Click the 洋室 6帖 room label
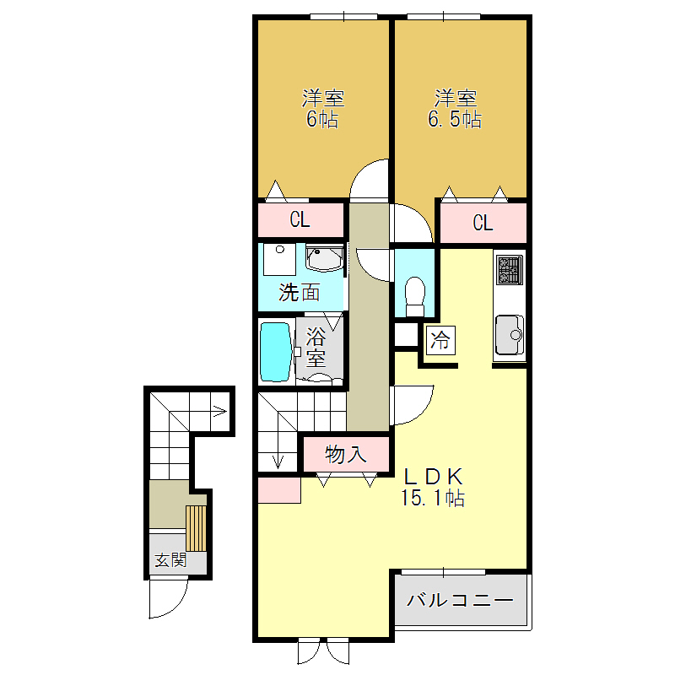(x=322, y=109)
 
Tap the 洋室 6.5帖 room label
(x=456, y=109)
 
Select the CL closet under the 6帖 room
(x=300, y=220)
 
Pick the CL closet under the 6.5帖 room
(x=482, y=223)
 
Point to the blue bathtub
(x=275, y=350)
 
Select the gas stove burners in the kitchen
(x=510, y=270)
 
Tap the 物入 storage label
(x=346, y=455)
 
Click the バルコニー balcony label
(x=460, y=602)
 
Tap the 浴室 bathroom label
(x=316, y=347)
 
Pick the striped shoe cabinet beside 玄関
(x=196, y=527)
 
